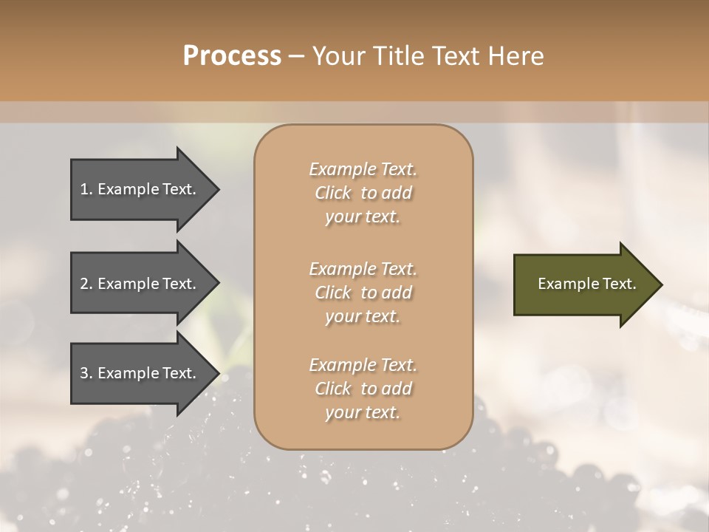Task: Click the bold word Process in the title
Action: pos(232,56)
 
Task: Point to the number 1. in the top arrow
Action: pos(86,189)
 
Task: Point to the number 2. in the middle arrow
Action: pos(86,284)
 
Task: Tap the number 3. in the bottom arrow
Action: pos(86,373)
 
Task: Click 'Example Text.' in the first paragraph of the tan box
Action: pos(363,169)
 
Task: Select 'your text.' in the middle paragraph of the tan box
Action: pos(363,316)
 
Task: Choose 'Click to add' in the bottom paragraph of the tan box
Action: pos(363,389)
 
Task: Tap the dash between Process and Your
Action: pos(297,56)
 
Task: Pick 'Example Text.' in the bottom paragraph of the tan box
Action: pos(363,365)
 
